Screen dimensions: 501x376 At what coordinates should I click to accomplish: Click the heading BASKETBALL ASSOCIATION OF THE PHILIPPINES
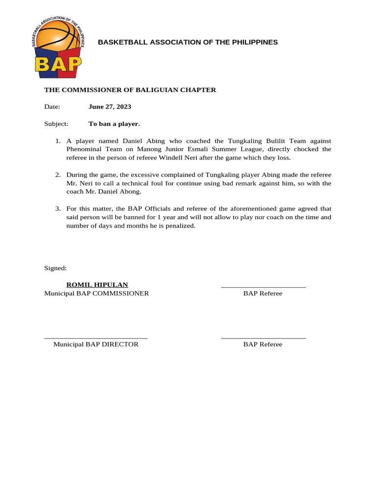click(188, 42)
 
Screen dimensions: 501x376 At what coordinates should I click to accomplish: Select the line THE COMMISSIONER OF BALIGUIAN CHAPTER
click(130, 90)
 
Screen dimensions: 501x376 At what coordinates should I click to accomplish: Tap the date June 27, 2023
click(110, 107)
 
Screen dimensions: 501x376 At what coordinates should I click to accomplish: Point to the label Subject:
click(56, 124)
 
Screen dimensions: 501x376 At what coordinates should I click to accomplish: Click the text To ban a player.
click(114, 124)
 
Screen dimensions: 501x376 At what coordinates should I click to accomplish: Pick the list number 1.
click(58, 141)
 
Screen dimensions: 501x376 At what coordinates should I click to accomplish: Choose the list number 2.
click(58, 175)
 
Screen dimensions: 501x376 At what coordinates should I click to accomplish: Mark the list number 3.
click(58, 209)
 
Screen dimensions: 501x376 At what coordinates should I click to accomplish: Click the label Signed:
click(55, 268)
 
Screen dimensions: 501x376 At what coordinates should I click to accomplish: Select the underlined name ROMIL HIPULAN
click(97, 285)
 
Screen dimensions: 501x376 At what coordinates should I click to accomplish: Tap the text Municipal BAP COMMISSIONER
click(96, 294)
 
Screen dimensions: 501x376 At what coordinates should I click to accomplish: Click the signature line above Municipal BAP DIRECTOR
click(95, 338)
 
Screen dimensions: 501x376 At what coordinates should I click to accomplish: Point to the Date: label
click(52, 107)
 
